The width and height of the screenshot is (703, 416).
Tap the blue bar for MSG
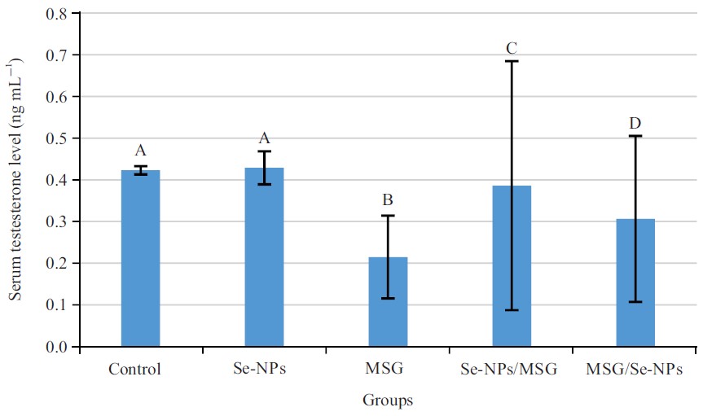tap(388, 302)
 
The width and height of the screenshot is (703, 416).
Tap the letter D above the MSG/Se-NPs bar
tap(635, 123)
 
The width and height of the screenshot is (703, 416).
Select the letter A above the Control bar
tap(140, 151)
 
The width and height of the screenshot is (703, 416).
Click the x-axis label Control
tap(134, 370)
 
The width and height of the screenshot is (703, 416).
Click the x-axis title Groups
tap(388, 401)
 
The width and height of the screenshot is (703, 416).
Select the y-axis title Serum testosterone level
tap(15, 179)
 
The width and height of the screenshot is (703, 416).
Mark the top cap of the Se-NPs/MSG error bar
tap(512, 61)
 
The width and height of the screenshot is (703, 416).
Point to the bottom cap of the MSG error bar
tap(388, 299)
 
